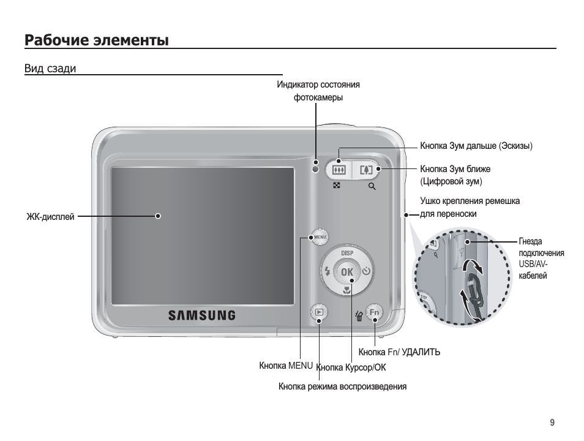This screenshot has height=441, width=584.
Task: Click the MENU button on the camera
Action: (319, 236)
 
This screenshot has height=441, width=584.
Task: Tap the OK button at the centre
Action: (347, 271)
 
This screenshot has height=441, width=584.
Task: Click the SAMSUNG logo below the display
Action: (202, 315)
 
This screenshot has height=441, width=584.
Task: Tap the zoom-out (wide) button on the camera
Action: (339, 169)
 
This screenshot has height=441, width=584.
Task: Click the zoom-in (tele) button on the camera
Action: (367, 169)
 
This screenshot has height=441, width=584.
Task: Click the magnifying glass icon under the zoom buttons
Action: (372, 186)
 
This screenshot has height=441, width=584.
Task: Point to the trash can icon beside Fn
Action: (359, 315)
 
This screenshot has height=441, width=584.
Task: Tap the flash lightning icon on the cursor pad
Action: (328, 271)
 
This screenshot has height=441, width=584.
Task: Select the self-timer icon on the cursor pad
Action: (366, 271)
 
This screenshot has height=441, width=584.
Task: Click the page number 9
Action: (552, 423)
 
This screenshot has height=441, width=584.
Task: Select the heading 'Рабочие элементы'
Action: (97, 41)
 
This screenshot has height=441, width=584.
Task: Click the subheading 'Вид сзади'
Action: (50, 69)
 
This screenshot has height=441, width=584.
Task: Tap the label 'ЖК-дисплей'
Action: (50, 216)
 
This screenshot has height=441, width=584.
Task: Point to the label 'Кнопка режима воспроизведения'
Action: (342, 386)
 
